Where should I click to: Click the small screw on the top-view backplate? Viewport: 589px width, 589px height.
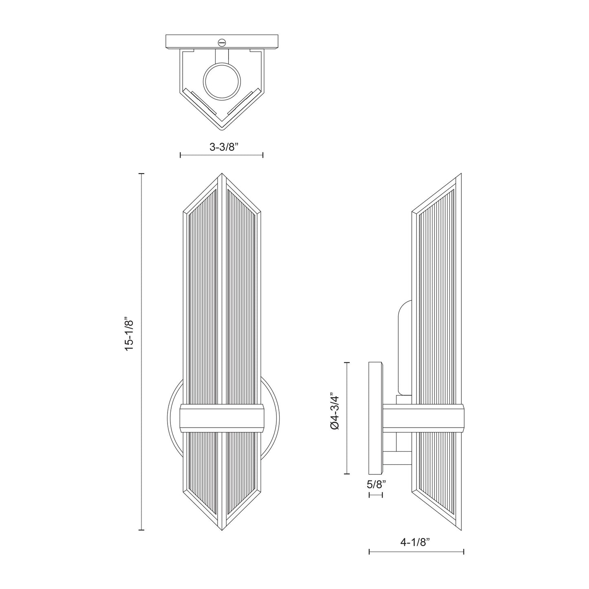222,41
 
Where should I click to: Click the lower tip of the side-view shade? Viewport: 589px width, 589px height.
461,530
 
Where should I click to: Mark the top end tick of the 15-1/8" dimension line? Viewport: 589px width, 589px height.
141,174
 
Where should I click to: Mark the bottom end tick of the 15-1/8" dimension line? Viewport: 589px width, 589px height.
141,530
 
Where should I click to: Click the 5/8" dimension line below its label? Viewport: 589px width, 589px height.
376,495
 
